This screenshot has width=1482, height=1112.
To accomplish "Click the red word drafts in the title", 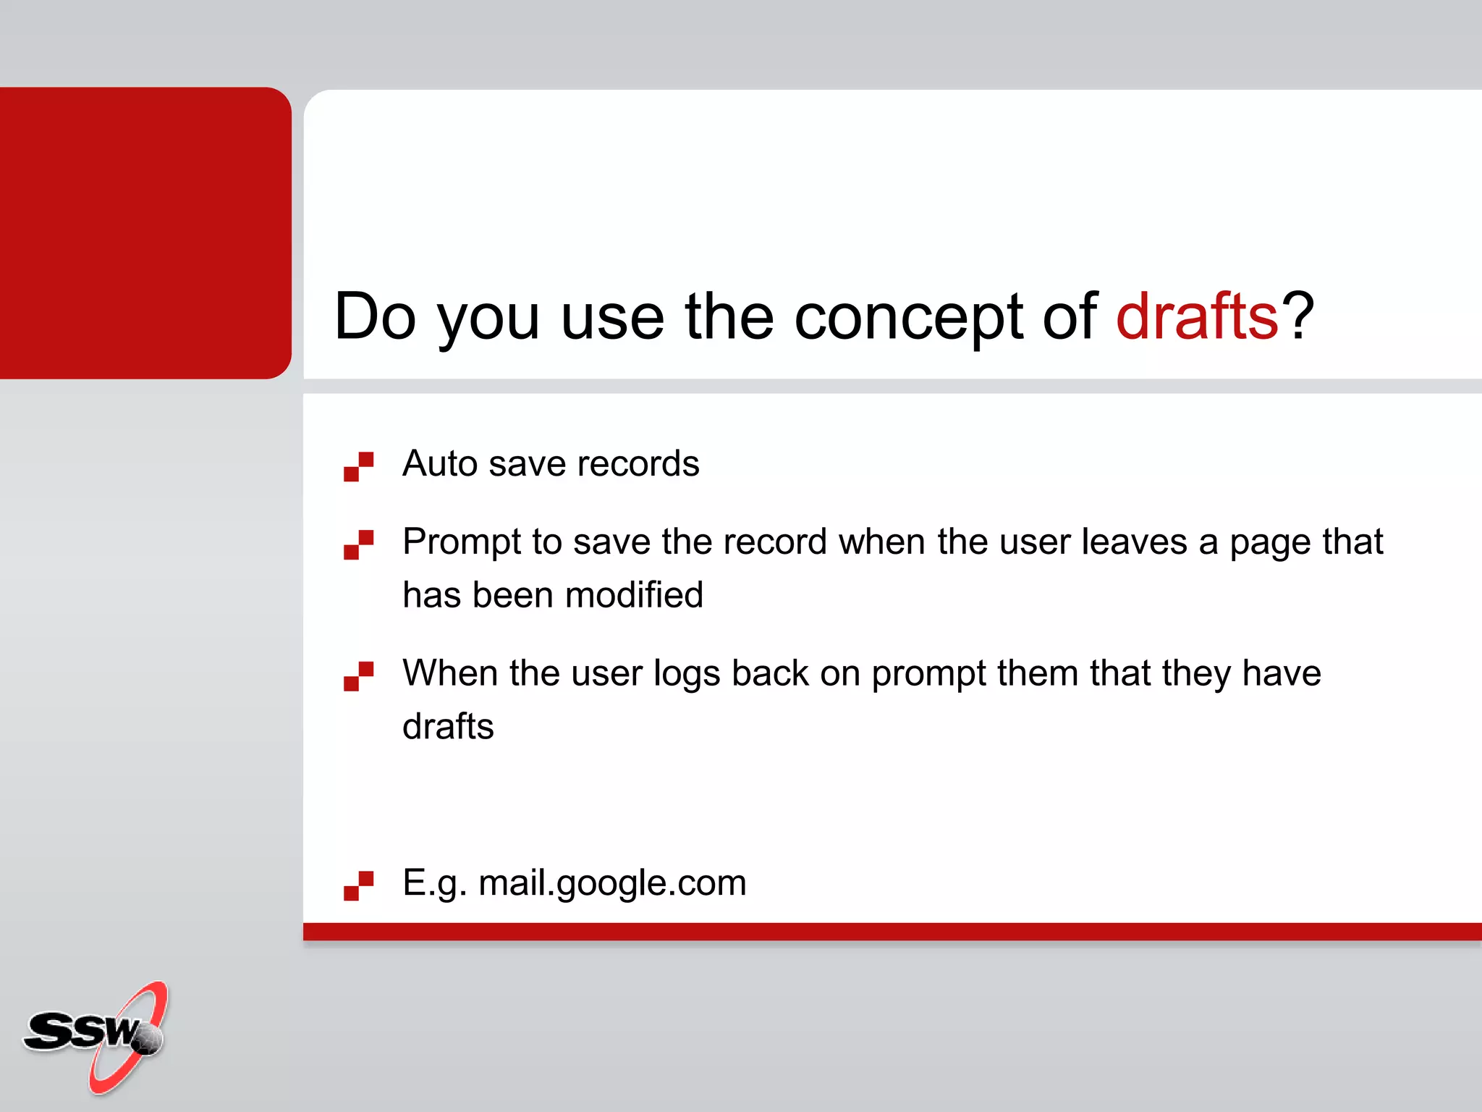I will [x=1197, y=316].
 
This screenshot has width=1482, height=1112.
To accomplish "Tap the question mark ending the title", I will [x=1297, y=316].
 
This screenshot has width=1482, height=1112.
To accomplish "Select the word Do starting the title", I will [x=375, y=316].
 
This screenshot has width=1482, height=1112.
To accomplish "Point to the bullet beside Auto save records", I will [x=358, y=466].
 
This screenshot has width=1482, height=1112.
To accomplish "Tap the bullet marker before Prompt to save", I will [x=358, y=544].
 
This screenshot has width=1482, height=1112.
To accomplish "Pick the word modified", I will [x=634, y=595].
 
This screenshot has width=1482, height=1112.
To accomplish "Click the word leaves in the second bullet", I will [x=1134, y=542].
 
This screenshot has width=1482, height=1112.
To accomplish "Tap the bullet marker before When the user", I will [x=358, y=676].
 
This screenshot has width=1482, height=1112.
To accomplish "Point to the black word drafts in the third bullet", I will [x=448, y=726].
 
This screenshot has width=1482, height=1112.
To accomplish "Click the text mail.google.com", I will [x=612, y=883].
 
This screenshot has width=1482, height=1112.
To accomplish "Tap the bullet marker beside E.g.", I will [x=358, y=885].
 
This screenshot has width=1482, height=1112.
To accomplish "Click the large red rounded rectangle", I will [x=145, y=232].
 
